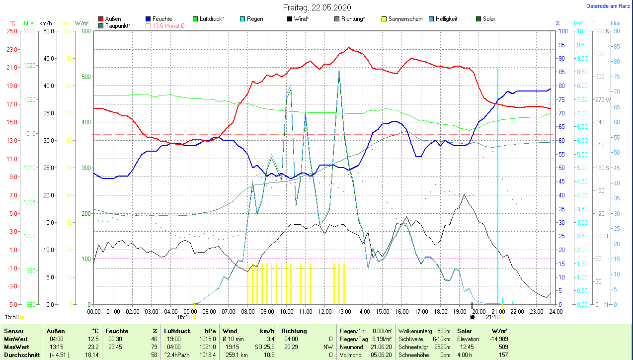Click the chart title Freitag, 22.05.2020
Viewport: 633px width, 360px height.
coord(316,7)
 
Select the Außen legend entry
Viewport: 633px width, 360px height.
coord(113,19)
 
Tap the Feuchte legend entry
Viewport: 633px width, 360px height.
coord(162,19)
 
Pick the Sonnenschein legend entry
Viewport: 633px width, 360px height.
coord(405,19)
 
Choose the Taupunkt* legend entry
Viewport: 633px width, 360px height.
coord(118,25)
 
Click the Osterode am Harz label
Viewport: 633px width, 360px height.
coord(608,6)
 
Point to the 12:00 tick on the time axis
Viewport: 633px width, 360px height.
coord(324,312)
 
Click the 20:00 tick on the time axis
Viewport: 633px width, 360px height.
coord(478,312)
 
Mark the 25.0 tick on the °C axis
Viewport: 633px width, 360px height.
coord(11,31)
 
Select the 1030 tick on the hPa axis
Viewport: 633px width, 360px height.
coord(29,31)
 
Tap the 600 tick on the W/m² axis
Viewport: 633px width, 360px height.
coord(85,31)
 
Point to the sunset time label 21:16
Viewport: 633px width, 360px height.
coord(493,317)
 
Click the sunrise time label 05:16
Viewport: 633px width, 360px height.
coord(185,317)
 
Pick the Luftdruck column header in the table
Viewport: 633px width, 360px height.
coord(177,331)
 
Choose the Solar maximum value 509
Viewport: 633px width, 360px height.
coord(502,347)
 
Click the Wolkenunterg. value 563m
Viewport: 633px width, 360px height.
coord(443,331)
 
